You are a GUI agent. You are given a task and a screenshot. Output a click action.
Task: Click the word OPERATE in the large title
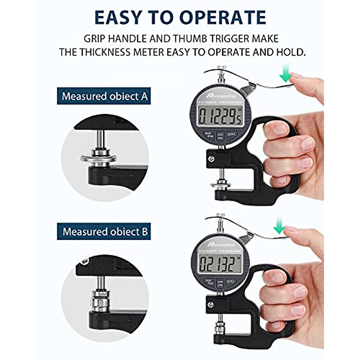pyautogui.click(x=223, y=17)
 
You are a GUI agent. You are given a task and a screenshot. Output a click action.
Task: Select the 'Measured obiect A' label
pyautogui.click(x=104, y=96)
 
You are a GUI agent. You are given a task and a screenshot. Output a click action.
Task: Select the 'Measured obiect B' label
pyautogui.click(x=104, y=232)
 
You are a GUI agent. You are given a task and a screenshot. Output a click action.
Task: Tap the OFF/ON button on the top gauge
pyautogui.click(x=220, y=136)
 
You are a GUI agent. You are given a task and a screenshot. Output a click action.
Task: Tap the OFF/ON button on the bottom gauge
pyautogui.click(x=220, y=283)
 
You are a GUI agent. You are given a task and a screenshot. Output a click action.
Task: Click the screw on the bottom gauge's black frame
pyautogui.click(x=211, y=305)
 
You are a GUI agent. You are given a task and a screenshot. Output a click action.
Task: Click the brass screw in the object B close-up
pyautogui.click(x=84, y=262)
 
